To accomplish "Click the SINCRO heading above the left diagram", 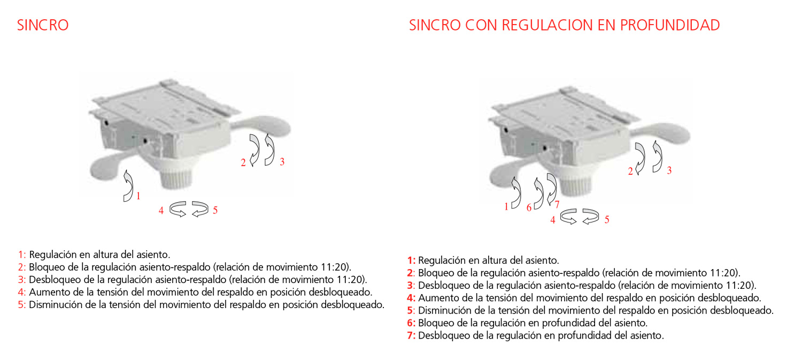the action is [x=43, y=25].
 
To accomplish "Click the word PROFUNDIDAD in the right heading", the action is [x=670, y=25].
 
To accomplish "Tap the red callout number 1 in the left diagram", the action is [x=138, y=196].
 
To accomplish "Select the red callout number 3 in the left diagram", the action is [x=282, y=162].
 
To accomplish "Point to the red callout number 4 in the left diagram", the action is [x=161, y=211].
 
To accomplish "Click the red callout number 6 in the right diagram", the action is [x=529, y=208].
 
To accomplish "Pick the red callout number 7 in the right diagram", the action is [x=557, y=204].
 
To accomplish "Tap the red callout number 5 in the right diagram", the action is [x=607, y=219].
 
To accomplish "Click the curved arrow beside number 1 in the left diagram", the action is [x=128, y=186].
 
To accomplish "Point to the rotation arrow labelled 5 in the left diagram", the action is [x=200, y=209].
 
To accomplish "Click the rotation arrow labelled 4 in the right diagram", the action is [x=568, y=217].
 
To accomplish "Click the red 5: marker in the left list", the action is [x=22, y=305].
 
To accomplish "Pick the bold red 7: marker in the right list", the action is [x=411, y=335].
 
